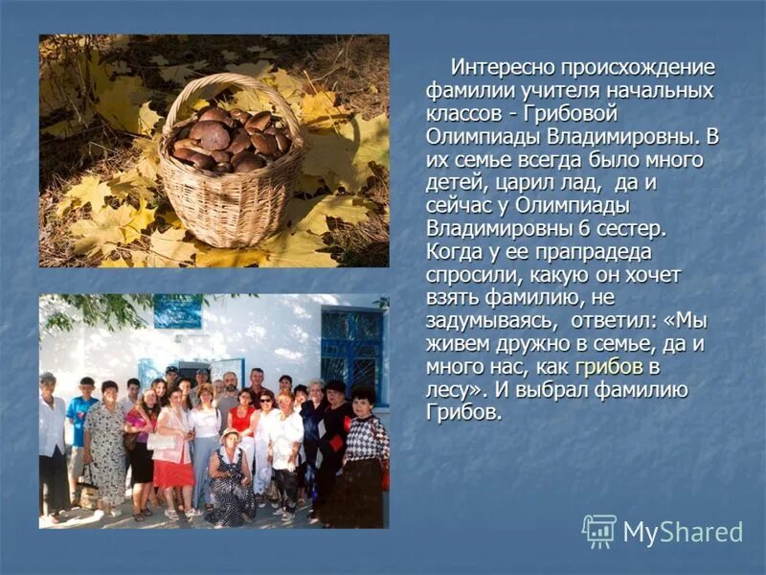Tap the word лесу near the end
point(448,390)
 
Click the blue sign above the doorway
point(178,310)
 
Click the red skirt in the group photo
point(173,472)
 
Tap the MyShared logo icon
point(599,530)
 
